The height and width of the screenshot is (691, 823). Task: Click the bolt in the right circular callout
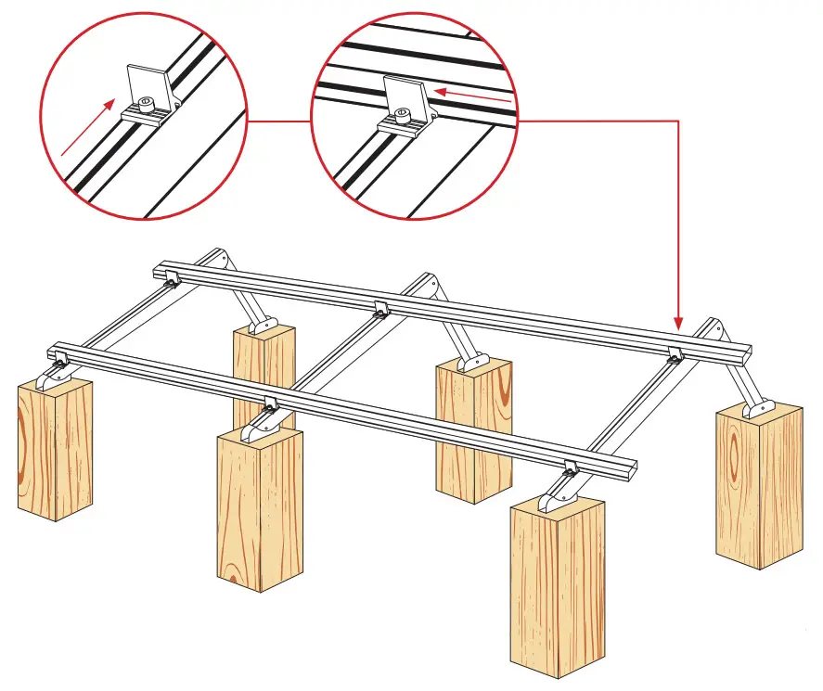[400, 115]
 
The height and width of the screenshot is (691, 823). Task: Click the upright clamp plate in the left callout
[149, 84]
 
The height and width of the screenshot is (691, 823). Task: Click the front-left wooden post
[55, 445]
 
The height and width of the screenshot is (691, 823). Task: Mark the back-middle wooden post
[474, 427]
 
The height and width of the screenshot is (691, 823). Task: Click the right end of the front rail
[629, 469]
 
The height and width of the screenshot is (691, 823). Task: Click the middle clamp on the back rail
[379, 310]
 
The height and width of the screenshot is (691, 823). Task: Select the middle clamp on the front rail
[270, 403]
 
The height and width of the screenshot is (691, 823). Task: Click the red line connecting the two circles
[278, 122]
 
